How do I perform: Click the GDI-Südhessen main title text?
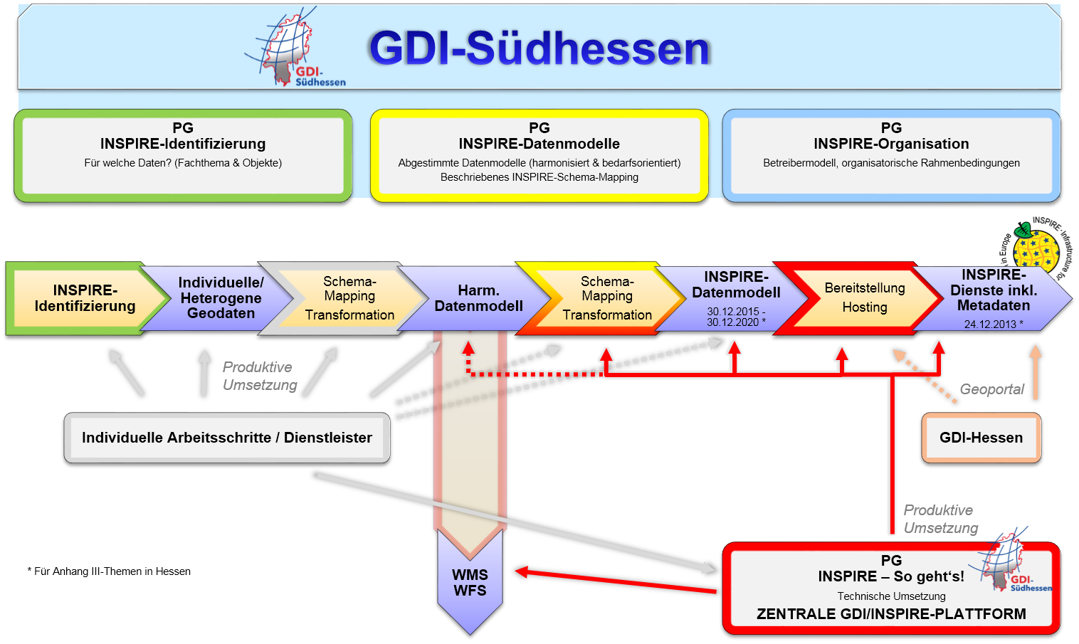coord(539,48)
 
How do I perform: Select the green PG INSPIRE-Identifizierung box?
coord(183,154)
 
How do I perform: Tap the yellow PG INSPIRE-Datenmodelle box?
coord(539,154)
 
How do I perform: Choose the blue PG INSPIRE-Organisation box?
coord(891,154)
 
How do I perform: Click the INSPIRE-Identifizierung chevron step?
coord(85,298)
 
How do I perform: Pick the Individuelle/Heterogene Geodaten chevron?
coord(221,298)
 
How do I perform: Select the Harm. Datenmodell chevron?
coord(478,298)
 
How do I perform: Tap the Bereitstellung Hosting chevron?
coord(865,298)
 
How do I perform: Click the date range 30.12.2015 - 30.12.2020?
coord(736,317)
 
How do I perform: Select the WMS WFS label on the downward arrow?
coord(470,583)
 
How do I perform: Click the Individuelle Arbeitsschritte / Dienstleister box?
coord(226,438)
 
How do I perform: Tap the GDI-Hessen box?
coord(981,438)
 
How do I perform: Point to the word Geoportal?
coord(991,389)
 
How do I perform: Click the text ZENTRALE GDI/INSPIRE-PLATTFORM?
coord(891,614)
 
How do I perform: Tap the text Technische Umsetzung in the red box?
coord(891,596)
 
